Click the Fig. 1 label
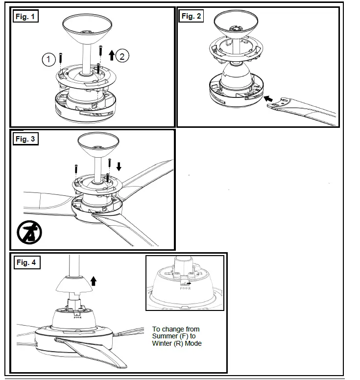coord(25,16)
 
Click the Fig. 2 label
coord(191,16)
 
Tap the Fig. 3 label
coord(25,139)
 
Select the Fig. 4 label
coord(26,262)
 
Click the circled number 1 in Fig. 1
coord(48,60)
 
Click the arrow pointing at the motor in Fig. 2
coord(269,99)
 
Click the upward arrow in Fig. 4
coord(94,281)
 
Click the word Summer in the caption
coord(166,336)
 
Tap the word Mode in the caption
coord(193,343)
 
